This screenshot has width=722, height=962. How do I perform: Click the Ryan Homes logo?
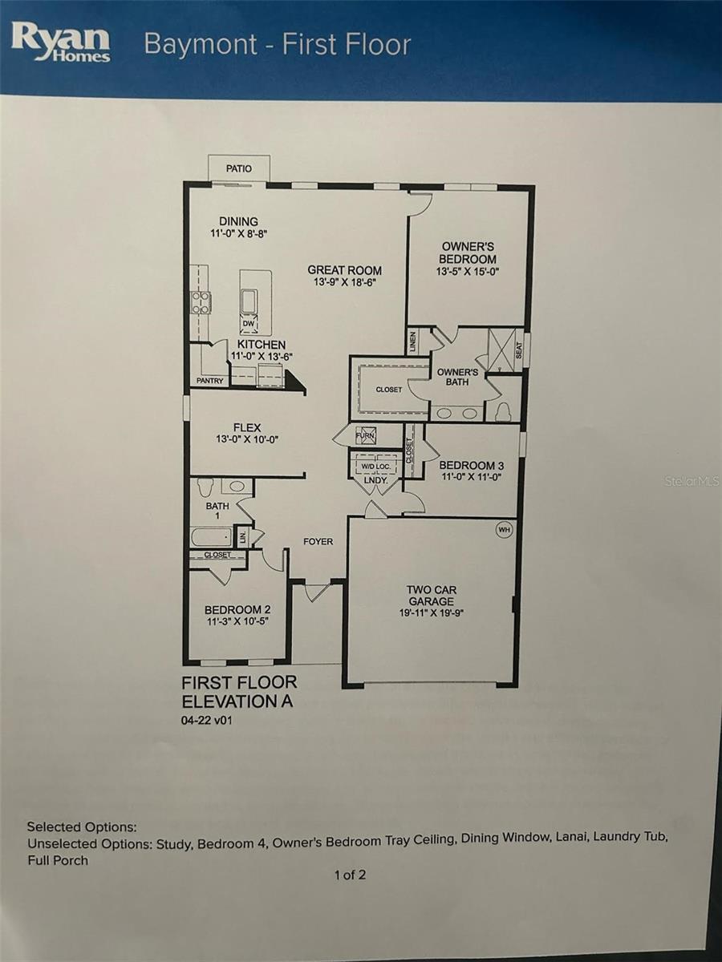tap(60, 43)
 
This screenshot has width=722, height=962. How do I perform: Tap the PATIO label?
tap(239, 168)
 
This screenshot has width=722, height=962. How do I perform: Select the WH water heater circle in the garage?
tap(504, 530)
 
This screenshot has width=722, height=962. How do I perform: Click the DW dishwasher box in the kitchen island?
tap(248, 324)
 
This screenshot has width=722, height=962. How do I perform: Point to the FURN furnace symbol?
tap(365, 435)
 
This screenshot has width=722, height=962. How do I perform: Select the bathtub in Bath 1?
tap(212, 537)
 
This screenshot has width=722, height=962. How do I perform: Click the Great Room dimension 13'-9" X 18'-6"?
tap(345, 282)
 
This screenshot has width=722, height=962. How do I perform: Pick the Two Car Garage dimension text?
tap(432, 612)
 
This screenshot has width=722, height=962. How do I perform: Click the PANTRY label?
tap(209, 381)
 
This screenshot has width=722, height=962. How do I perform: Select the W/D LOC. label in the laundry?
tap(375, 467)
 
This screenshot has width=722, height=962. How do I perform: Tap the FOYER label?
tap(318, 542)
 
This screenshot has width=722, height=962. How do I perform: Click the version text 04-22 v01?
tap(206, 721)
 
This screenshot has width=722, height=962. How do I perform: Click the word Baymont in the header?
tap(201, 46)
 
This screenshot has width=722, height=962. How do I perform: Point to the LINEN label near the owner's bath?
tap(413, 342)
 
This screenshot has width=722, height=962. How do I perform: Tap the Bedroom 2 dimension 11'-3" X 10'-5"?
tap(237, 620)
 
